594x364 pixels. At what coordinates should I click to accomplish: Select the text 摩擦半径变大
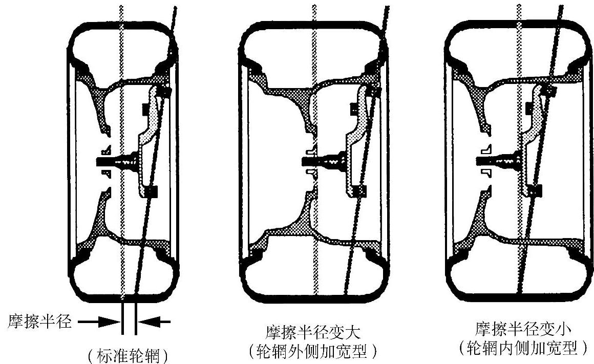[x=313, y=332]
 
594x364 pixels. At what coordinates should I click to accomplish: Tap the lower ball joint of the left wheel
[x=152, y=192]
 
